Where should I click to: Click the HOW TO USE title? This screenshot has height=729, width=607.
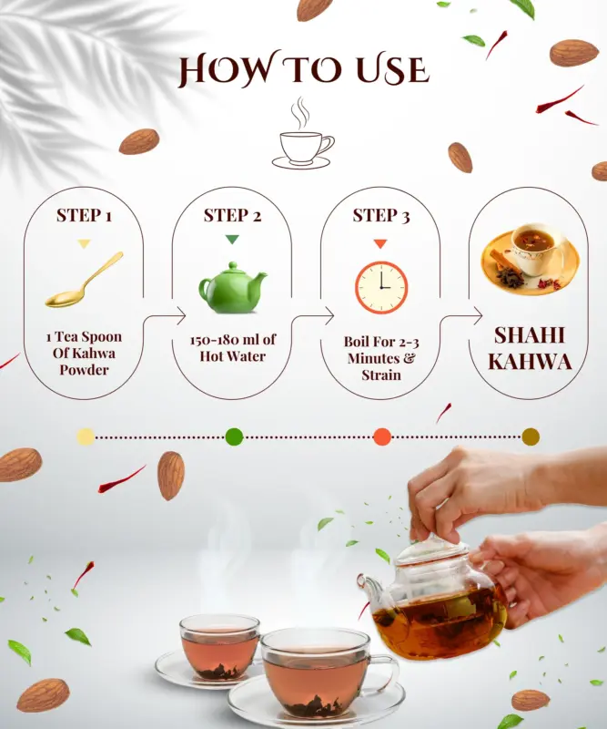(303, 70)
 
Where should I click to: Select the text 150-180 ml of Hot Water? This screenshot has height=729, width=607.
(232, 347)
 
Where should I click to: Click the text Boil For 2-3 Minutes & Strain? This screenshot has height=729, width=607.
(380, 357)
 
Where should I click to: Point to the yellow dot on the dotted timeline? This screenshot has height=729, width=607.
(86, 436)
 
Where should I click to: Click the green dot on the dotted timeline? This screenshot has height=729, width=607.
(234, 436)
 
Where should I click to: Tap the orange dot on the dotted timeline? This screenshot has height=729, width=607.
(382, 436)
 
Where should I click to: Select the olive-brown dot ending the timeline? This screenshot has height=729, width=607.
(531, 436)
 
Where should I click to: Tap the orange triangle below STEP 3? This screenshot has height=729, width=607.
(380, 243)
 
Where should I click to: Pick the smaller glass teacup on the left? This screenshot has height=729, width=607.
(218, 648)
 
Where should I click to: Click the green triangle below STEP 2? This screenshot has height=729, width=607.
(232, 240)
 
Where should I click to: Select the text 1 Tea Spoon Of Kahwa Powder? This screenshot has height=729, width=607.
(84, 353)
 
